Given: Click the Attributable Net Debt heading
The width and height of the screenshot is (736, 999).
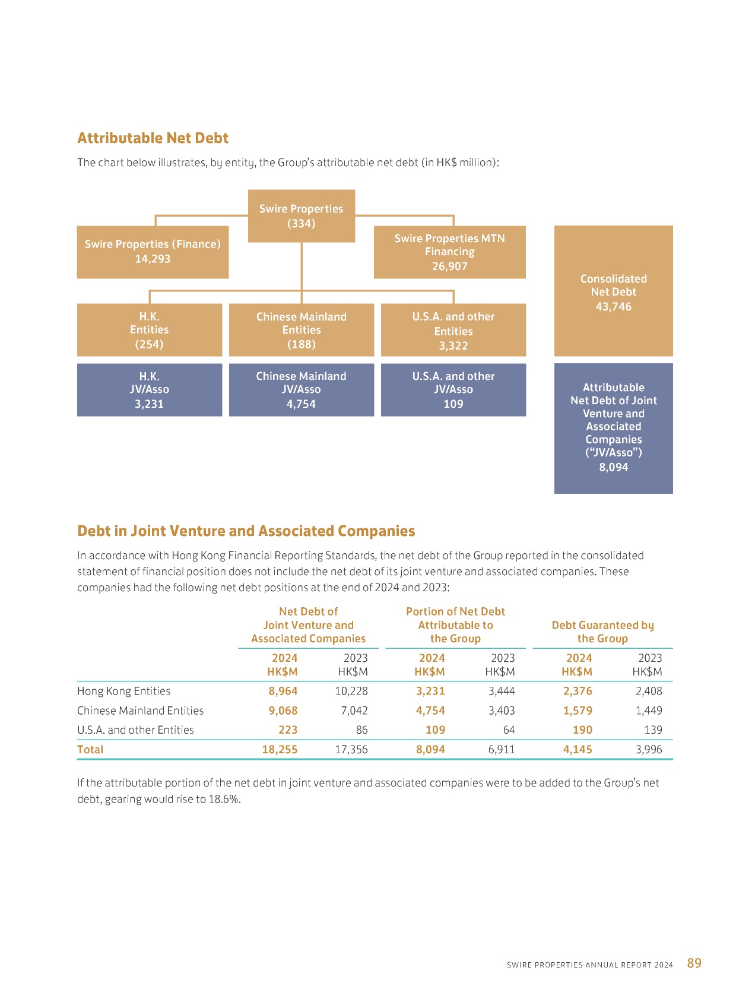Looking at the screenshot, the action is [153, 138].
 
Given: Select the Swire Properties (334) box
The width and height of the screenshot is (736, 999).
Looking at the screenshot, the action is [302, 216].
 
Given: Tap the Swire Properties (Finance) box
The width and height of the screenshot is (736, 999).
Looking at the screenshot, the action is [153, 252].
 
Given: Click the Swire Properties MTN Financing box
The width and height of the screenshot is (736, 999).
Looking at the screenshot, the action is [450, 252].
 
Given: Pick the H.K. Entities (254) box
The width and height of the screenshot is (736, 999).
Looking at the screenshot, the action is [150, 330].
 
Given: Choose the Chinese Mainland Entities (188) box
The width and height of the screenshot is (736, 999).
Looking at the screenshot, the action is [302, 330].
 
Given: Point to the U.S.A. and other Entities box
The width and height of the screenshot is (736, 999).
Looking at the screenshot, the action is [453, 330].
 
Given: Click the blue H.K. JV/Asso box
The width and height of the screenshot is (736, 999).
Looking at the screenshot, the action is [150, 390].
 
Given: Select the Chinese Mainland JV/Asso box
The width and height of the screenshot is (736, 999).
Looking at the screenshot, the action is [302, 390].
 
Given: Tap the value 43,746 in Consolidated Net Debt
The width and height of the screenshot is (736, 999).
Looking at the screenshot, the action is [613, 307].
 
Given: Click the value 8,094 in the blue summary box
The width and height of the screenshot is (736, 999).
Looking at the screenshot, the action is [613, 467].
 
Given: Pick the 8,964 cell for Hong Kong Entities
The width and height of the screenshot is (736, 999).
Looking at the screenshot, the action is [283, 692].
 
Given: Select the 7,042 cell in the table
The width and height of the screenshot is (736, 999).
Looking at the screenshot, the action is [354, 711].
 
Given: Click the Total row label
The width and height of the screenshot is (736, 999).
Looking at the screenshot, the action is [90, 749].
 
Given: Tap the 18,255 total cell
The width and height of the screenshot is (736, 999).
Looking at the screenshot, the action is [280, 749].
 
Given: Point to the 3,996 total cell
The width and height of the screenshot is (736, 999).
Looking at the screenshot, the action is [649, 749].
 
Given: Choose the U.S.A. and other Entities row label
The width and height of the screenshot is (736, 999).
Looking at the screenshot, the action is [135, 730].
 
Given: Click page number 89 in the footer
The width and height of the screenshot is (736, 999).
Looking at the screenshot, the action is [694, 963].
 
